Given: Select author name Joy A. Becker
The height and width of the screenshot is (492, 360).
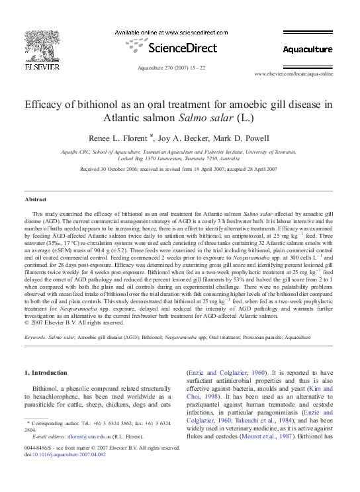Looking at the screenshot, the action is (196, 138).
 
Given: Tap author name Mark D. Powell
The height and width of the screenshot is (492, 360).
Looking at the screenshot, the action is (246, 138).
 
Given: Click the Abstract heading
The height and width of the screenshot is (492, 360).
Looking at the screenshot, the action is (36, 199).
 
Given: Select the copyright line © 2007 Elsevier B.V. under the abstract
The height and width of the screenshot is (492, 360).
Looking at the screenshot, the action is (74, 322).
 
